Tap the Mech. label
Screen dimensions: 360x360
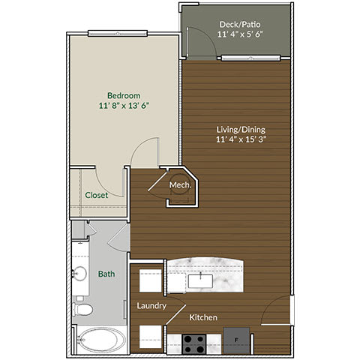click(x=179, y=184)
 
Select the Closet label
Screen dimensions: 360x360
click(x=96, y=195)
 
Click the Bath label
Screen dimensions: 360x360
click(x=106, y=274)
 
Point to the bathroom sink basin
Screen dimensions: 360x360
click(x=81, y=274)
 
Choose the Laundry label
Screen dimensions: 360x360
click(x=151, y=306)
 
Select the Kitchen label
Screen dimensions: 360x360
click(x=203, y=318)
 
